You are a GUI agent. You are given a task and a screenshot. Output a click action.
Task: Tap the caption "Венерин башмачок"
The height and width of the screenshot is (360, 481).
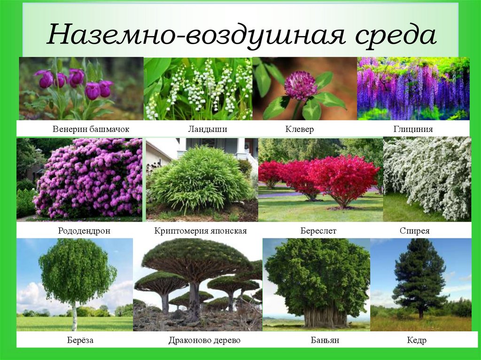pyautogui.click(x=91, y=129)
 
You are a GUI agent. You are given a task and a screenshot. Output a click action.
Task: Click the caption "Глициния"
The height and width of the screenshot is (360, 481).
pyautogui.click(x=413, y=129)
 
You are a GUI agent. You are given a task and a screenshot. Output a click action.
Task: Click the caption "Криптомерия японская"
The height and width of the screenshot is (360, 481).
pyautogui.click(x=201, y=231)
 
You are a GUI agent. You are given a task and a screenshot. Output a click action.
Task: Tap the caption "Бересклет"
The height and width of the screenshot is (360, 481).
pyautogui.click(x=318, y=231)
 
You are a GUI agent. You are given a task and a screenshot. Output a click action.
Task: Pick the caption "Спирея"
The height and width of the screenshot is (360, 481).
pyautogui.click(x=414, y=231)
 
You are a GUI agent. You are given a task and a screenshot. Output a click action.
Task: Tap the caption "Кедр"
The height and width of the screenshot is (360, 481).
pyautogui.click(x=416, y=340)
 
